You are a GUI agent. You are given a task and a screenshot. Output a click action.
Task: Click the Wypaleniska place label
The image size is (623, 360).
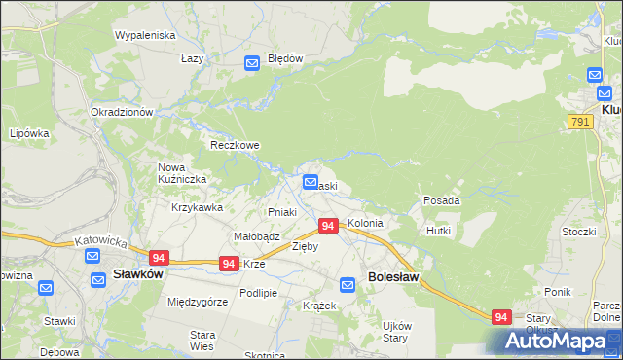pyautogui.click(x=144, y=35)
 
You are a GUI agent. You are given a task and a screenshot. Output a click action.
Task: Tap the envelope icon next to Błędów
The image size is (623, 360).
pyautogui.click(x=251, y=63)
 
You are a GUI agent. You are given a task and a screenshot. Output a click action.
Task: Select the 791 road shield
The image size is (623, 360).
pyautogui.click(x=580, y=120)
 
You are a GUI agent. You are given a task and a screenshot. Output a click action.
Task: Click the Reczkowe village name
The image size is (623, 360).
pyautogui.click(x=235, y=145)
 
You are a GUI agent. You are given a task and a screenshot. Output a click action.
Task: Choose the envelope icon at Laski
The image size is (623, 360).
pyautogui.click(x=311, y=182)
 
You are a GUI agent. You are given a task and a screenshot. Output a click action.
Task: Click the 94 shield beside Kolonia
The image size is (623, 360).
pyautogui.click(x=328, y=226)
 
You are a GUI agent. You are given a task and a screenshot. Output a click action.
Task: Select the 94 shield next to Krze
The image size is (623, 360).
pyautogui.click(x=229, y=264)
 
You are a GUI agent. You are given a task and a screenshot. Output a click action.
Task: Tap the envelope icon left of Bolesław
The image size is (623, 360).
pyautogui.click(x=348, y=285)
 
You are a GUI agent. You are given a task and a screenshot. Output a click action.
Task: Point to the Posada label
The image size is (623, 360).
pyautogui.click(x=441, y=200)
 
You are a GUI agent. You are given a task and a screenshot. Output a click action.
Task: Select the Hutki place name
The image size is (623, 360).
pyautogui.click(x=438, y=231)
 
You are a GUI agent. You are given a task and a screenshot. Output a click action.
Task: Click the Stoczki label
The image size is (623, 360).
pyautogui.click(x=578, y=232)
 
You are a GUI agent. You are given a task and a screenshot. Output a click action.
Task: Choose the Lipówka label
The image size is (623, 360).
pyautogui.click(x=29, y=133)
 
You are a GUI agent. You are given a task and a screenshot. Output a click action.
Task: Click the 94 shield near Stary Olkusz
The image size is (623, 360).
pyautogui.click(x=501, y=317)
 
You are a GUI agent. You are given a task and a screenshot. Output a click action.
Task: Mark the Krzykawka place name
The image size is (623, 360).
pyautogui.click(x=198, y=207)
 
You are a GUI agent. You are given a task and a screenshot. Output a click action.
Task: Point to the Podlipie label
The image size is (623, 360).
pyautogui.click(x=259, y=293)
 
